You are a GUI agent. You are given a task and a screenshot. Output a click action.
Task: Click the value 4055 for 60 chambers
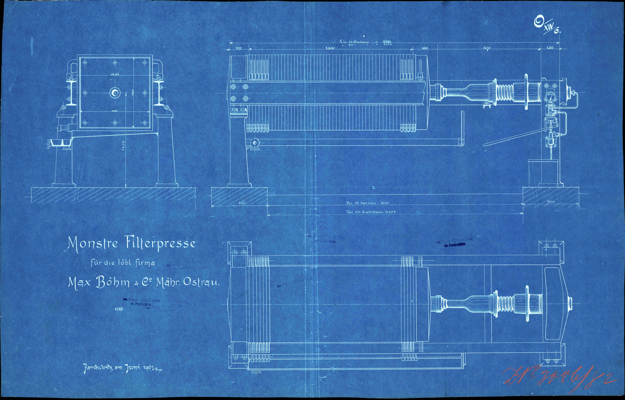(390, 212)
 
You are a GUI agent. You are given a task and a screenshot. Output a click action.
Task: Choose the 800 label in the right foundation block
(551, 202)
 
